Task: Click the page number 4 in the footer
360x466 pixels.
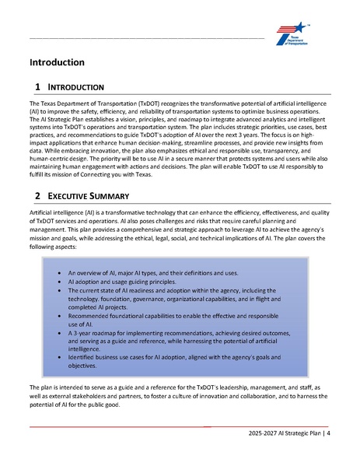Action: click(328, 433)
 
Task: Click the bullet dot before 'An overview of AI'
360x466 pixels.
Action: click(60, 275)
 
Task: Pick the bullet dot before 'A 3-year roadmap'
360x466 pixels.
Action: click(60, 331)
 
